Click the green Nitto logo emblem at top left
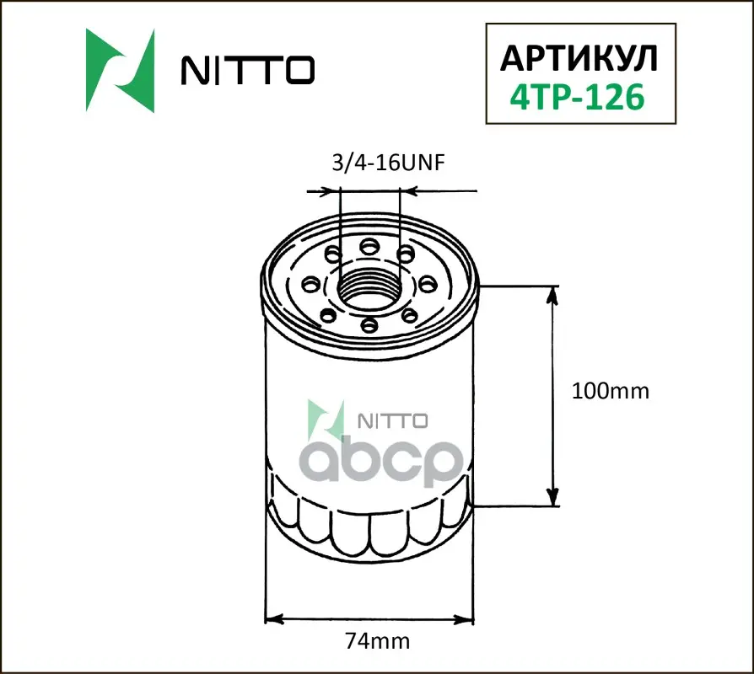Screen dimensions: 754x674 pyautogui.click(x=121, y=71)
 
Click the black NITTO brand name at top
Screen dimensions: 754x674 pyautogui.click(x=248, y=71)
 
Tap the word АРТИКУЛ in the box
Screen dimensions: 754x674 pyautogui.click(x=579, y=58)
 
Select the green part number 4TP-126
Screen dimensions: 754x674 pyautogui.click(x=577, y=97)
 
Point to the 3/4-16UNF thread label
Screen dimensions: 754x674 pyautogui.click(x=389, y=163)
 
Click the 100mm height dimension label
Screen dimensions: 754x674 pyautogui.click(x=611, y=391)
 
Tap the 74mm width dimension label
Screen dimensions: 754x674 pyautogui.click(x=378, y=641)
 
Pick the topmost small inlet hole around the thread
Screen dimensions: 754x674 pyautogui.click(x=369, y=247)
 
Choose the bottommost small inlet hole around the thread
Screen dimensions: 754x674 pyautogui.click(x=369, y=325)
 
